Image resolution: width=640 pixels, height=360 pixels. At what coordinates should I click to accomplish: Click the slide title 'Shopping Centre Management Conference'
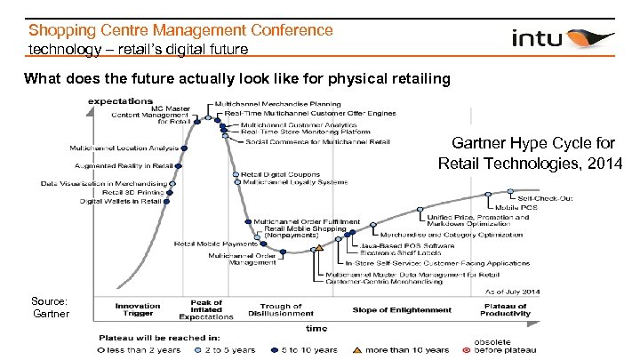pyautogui.click(x=181, y=30)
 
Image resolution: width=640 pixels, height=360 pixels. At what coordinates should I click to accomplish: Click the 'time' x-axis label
pyautogui.click(x=316, y=328)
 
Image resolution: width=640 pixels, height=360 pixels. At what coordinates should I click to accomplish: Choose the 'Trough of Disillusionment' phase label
pyautogui.click(x=281, y=309)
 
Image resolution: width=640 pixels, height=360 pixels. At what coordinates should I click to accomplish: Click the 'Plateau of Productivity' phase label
pyautogui.click(x=505, y=309)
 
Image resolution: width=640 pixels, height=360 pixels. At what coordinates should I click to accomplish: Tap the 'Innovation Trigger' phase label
pyautogui.click(x=138, y=309)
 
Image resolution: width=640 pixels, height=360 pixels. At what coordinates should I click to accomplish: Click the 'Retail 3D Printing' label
pyautogui.click(x=132, y=192)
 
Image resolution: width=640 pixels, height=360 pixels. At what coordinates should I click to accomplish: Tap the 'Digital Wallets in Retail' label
pyautogui.click(x=121, y=202)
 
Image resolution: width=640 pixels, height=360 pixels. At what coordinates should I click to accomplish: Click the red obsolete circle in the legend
pyautogui.click(x=466, y=349)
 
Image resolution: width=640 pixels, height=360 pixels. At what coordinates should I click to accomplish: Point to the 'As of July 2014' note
pyautogui.click(x=511, y=292)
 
